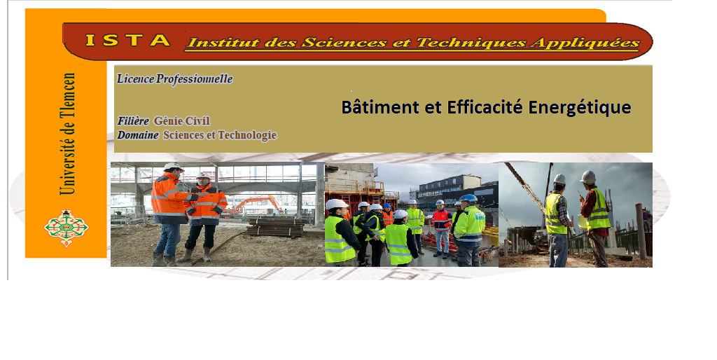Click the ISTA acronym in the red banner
click(x=128, y=40)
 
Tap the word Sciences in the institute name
click(x=344, y=43)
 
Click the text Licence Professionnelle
click(x=174, y=79)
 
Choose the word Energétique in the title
click(x=580, y=108)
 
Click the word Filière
click(x=133, y=121)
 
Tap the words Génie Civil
click(x=182, y=121)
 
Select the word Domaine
click(x=138, y=135)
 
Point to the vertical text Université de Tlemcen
click(x=68, y=134)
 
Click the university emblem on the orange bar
click(x=67, y=228)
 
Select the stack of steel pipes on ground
click(x=276, y=227)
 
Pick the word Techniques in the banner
click(x=471, y=43)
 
